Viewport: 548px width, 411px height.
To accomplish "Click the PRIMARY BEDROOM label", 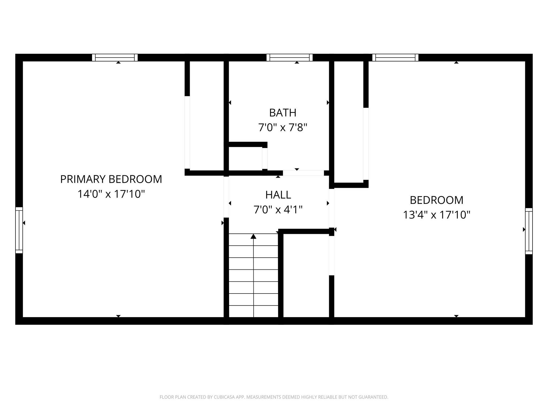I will click(x=111, y=179).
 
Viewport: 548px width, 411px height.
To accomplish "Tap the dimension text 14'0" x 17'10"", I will click(x=111, y=194).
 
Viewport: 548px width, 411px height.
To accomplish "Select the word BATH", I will click(x=283, y=113).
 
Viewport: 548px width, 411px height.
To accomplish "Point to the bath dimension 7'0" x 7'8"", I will click(x=283, y=128).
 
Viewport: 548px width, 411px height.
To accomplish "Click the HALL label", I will click(x=278, y=195).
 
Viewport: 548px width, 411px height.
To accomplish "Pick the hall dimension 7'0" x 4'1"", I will click(x=278, y=210).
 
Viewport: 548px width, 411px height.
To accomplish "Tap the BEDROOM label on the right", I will click(x=436, y=200).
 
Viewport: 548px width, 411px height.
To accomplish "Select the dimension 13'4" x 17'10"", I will click(x=436, y=215).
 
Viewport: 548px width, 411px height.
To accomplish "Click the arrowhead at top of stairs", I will click(x=253, y=236).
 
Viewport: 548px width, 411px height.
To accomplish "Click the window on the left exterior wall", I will click(x=19, y=230).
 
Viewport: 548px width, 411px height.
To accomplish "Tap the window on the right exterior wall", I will click(x=529, y=231).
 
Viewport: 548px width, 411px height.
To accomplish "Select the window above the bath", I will click(x=290, y=58).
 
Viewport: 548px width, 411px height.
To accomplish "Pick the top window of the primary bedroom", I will click(x=115, y=58).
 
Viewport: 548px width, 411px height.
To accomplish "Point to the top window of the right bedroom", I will click(x=395, y=58).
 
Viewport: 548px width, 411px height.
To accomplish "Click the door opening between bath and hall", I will click(x=303, y=173).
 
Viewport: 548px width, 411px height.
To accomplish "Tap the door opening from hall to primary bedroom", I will click(x=226, y=197).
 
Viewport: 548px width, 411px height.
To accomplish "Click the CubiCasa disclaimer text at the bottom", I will click(x=274, y=397).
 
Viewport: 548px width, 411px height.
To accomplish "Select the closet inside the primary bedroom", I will click(x=207, y=115).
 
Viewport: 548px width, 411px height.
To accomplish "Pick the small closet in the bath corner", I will click(x=245, y=158).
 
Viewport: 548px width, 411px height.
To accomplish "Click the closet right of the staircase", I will click(x=306, y=276).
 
